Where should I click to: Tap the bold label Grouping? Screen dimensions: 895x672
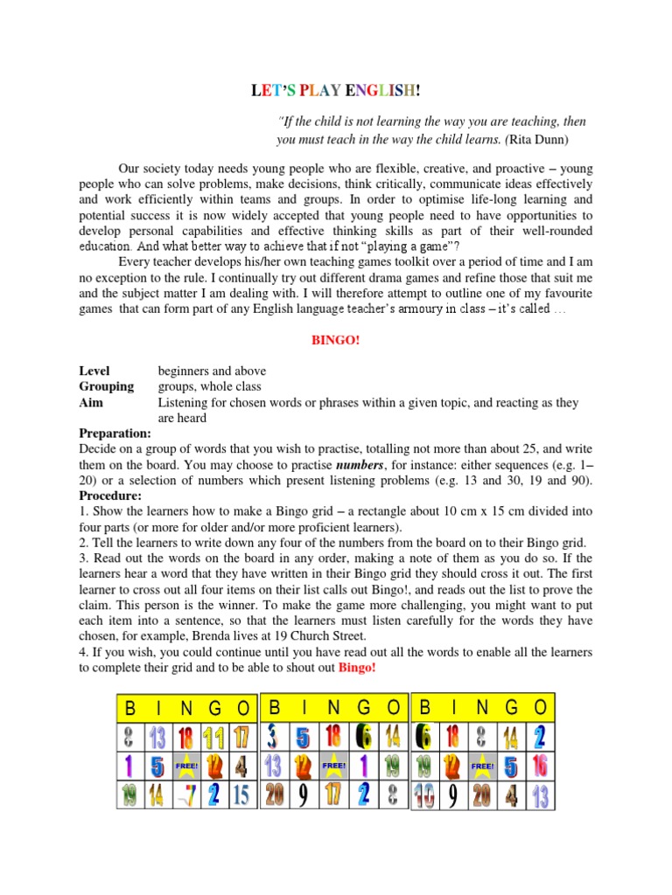click(x=106, y=386)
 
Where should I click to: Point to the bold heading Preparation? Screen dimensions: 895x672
click(x=115, y=434)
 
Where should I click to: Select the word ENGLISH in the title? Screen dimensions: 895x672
click(x=386, y=90)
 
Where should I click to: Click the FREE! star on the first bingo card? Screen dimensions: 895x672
click(x=186, y=767)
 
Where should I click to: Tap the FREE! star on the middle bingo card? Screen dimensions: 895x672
click(x=334, y=767)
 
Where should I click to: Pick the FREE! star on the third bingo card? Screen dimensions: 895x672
click(x=482, y=767)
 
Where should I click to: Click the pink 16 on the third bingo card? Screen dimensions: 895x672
click(x=540, y=767)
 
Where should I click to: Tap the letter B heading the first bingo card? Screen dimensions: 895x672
click(x=130, y=707)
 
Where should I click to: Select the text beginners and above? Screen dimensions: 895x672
click(x=212, y=371)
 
